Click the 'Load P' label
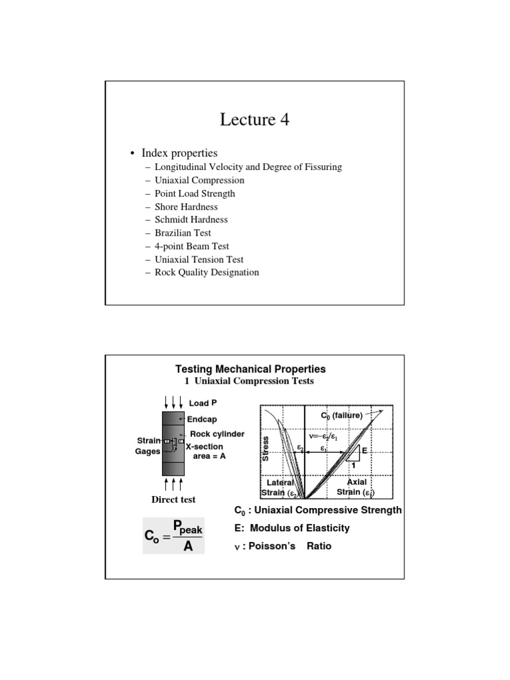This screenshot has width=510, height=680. tap(203, 403)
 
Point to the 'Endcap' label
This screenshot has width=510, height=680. tap(202, 420)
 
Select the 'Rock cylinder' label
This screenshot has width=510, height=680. tap(217, 434)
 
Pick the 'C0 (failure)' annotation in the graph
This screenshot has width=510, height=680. tap(342, 416)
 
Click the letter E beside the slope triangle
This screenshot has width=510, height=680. tap(364, 451)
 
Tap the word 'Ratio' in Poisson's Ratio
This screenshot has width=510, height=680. tap(318, 547)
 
